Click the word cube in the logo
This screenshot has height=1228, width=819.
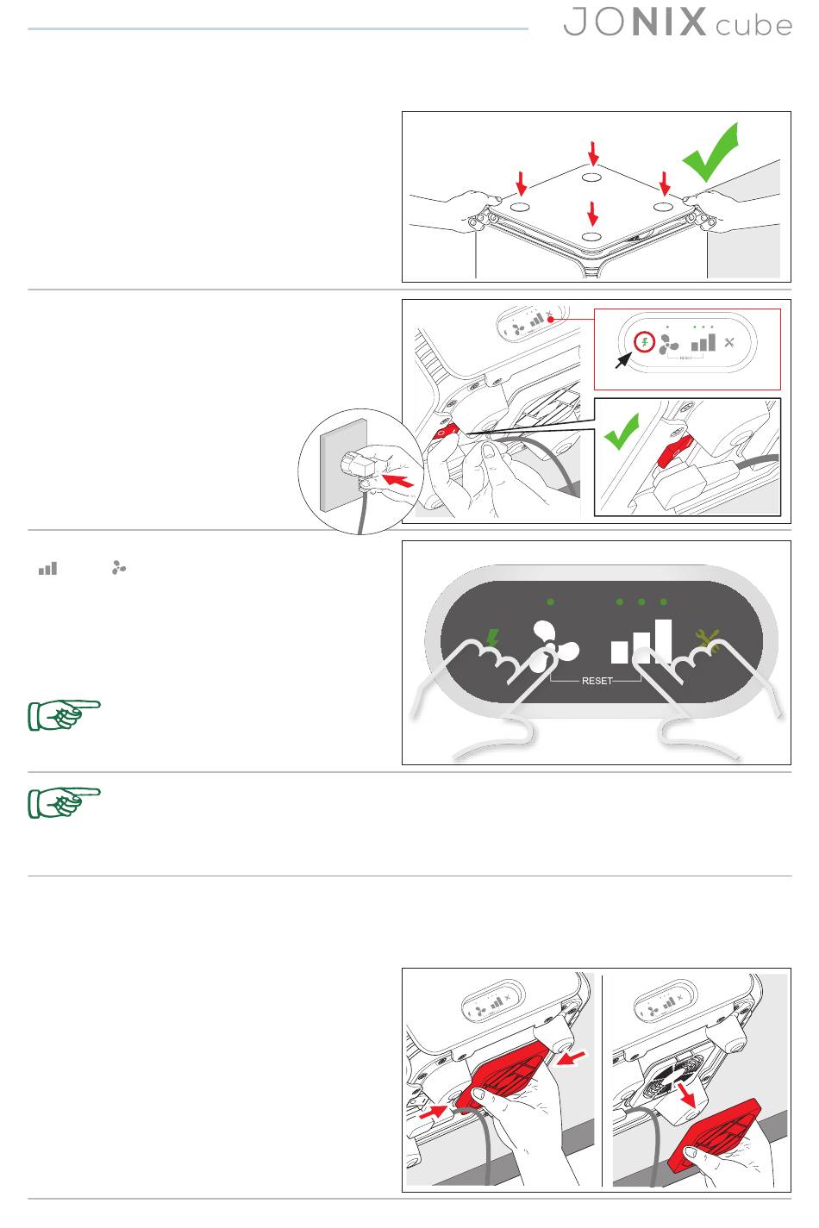(x=753, y=24)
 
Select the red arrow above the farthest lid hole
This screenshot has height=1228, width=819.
(x=592, y=153)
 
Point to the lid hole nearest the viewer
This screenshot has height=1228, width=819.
(x=591, y=237)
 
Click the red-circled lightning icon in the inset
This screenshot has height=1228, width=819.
(x=644, y=342)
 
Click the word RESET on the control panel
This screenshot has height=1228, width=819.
(x=597, y=681)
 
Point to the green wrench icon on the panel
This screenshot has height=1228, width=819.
(x=708, y=639)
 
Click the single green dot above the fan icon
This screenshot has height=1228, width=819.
(x=550, y=602)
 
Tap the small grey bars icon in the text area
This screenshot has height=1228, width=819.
(x=47, y=569)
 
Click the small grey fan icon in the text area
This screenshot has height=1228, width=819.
(x=119, y=569)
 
